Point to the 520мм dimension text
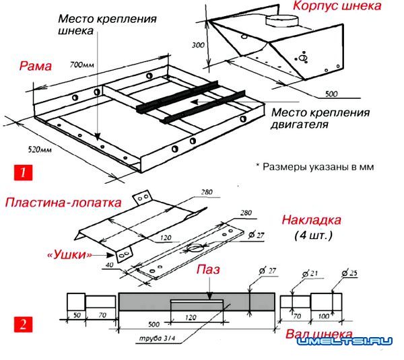(x=26, y=148)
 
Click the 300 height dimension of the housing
(x=197, y=46)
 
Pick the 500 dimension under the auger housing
(x=331, y=93)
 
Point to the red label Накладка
(x=312, y=220)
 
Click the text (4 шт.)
(x=313, y=236)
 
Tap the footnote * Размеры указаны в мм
(x=314, y=166)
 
